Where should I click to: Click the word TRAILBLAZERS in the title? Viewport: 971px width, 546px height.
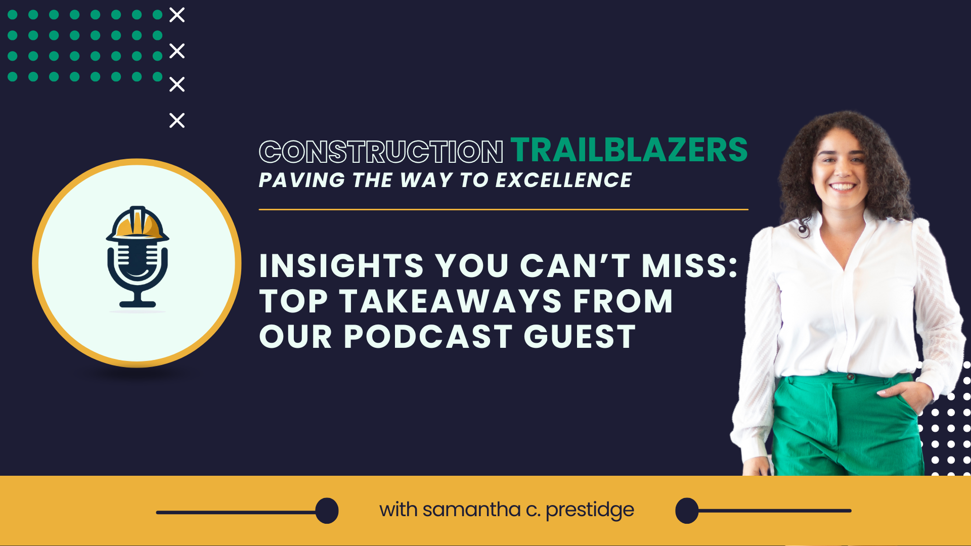point(629,150)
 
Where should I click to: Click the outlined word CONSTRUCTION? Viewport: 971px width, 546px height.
point(381,152)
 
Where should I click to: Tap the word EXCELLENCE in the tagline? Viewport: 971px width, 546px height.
point(563,180)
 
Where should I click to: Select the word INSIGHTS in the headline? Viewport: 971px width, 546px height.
point(341,266)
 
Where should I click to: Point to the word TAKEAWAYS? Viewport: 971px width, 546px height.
point(451,302)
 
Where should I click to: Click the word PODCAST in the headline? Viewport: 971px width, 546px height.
point(428,337)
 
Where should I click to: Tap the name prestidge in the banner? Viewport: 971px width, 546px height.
point(590,510)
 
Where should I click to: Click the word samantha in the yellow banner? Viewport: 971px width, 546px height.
point(471,510)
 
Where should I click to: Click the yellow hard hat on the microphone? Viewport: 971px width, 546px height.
point(138,224)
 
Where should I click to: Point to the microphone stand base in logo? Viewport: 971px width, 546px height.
point(138,304)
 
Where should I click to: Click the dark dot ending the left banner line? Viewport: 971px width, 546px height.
point(327,511)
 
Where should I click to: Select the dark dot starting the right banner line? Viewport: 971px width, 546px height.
point(687,511)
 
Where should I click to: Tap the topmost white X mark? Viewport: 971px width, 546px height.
point(177,15)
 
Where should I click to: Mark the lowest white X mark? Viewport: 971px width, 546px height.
point(177,120)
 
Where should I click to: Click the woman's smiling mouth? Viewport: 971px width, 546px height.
point(843,187)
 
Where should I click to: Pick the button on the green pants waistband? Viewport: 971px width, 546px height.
point(851,377)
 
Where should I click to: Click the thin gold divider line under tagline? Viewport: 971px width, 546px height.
point(503,209)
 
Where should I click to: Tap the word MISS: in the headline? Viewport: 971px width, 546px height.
point(690,266)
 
